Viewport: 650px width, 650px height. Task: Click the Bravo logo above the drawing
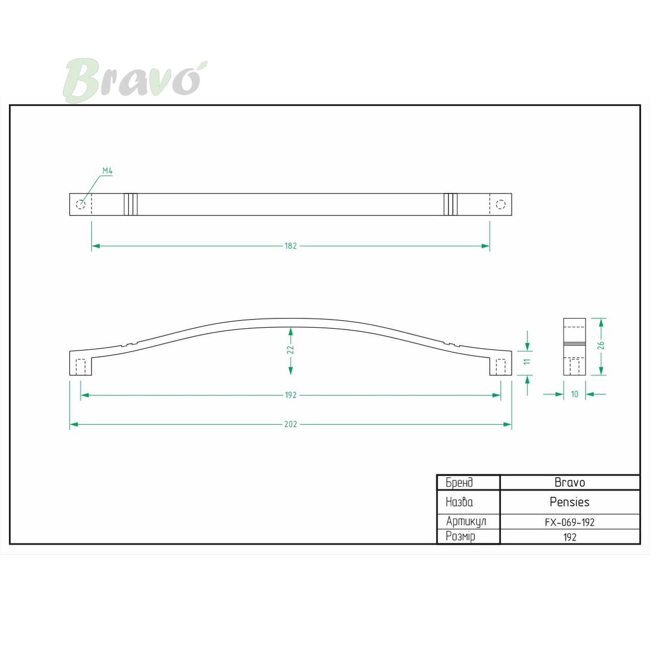[x=135, y=80]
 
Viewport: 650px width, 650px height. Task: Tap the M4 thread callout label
[x=107, y=171]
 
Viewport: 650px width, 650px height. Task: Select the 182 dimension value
[x=290, y=246]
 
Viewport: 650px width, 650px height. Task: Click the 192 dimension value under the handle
[x=290, y=395]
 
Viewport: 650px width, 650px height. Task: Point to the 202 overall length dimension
[x=290, y=424]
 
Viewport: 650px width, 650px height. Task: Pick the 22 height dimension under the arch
[x=290, y=350]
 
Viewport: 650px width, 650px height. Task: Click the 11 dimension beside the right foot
[x=527, y=362]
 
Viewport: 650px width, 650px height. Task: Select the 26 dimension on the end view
[x=601, y=346]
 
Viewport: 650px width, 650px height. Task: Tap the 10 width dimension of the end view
[x=575, y=394]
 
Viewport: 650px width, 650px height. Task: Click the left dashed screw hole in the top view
[x=81, y=204]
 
